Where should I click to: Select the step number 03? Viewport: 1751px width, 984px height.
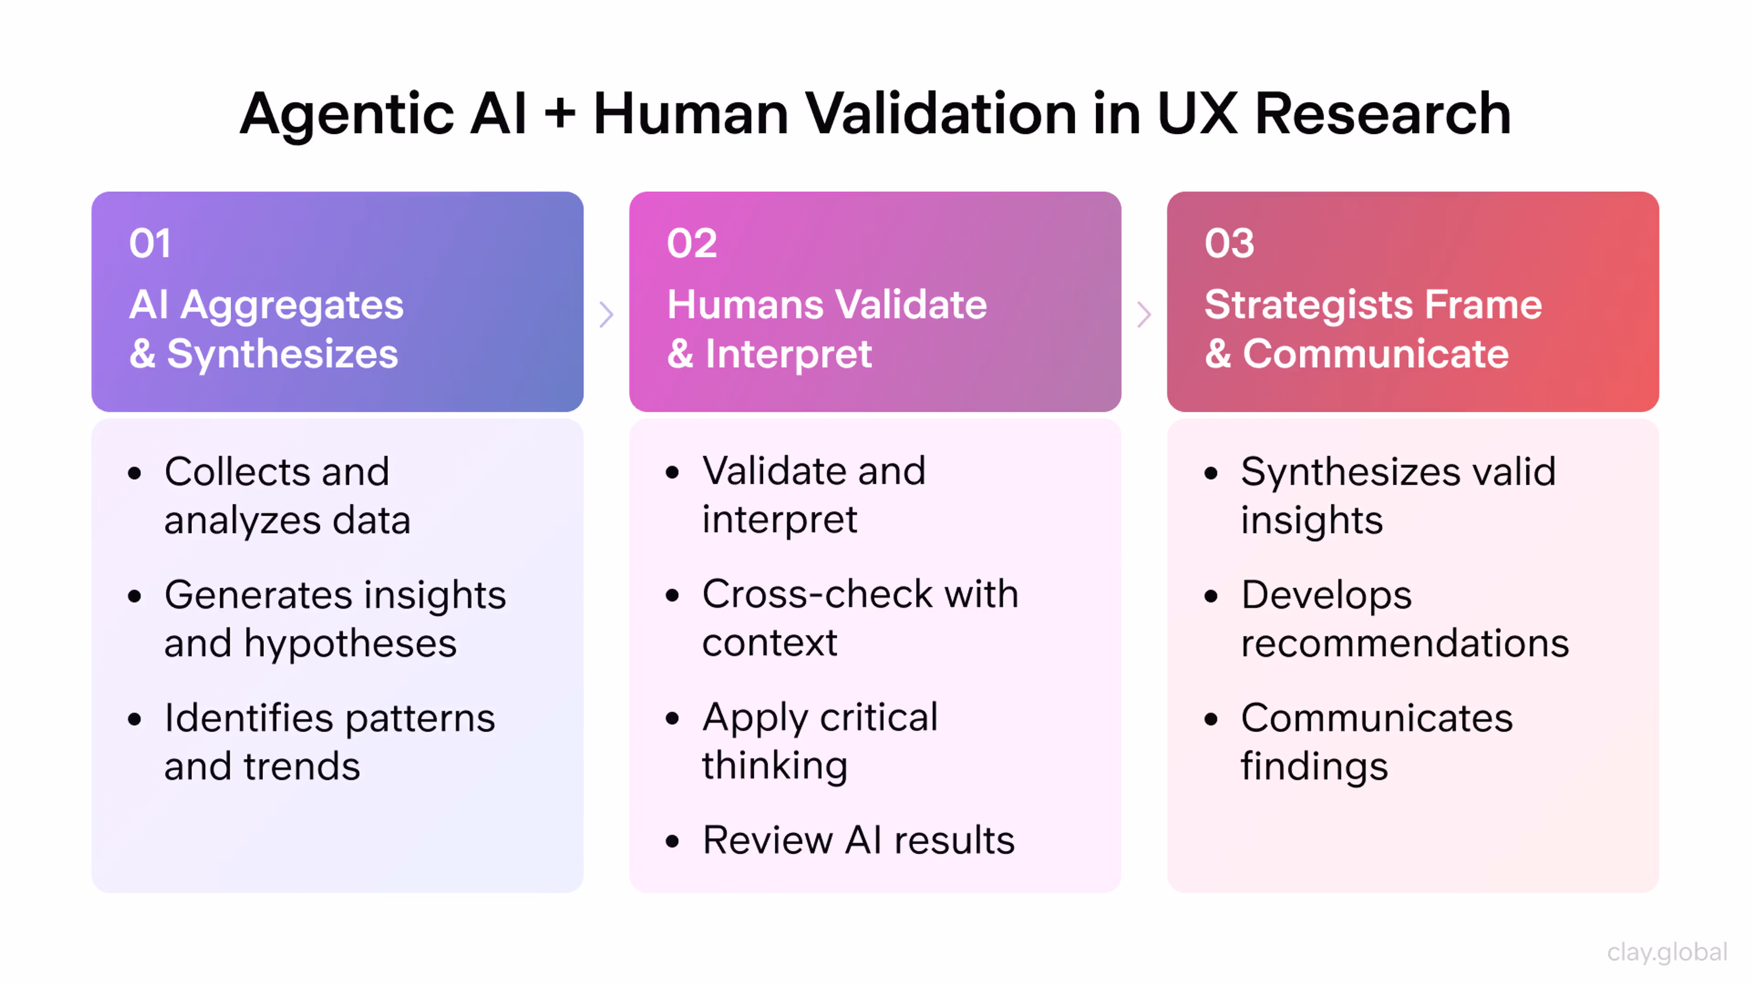1229,243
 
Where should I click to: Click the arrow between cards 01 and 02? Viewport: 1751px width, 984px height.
606,314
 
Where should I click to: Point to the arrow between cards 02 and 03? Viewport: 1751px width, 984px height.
1144,314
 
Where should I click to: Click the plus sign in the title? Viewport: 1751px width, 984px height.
560,113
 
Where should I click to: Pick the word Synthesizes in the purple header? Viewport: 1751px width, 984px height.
282,355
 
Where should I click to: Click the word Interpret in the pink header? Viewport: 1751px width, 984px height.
788,355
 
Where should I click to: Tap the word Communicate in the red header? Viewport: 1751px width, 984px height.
1376,355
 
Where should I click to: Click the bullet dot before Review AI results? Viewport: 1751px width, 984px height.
672,842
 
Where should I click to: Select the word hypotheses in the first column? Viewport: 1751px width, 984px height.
350,644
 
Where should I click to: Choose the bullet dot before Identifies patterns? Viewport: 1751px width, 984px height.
135,719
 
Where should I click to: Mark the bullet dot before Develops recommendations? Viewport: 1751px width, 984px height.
1211,597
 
